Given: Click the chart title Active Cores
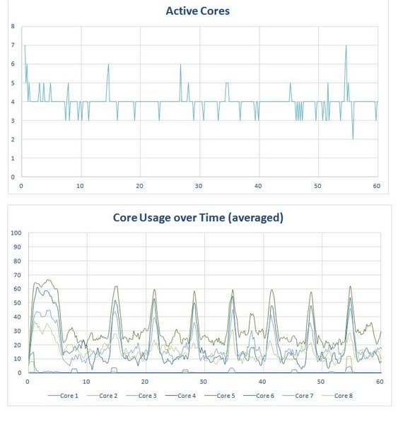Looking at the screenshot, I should point(197,11).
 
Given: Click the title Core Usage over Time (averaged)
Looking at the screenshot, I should point(198,218).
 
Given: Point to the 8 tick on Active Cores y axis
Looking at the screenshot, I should point(12,26).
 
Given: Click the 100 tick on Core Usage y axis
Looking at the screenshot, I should point(14,232).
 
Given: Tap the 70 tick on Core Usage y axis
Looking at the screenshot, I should point(16,274).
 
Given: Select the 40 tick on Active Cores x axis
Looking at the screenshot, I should point(258,186).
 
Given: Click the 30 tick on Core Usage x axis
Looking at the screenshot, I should point(204,382).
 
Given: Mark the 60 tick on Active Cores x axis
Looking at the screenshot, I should point(377,186).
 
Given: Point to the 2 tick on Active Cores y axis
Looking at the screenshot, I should point(12,139).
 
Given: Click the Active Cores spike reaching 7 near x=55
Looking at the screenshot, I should point(346,46).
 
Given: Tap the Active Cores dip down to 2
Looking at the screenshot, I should point(353,139).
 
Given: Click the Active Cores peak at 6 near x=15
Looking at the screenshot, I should point(108,65).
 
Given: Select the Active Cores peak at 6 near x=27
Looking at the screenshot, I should point(181,65).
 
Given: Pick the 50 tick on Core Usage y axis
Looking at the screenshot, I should point(16,302).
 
